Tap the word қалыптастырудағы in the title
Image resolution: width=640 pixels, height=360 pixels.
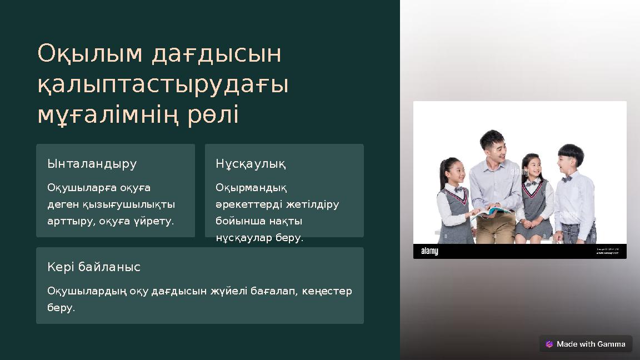point(163,85)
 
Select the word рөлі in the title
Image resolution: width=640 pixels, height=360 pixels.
point(213,115)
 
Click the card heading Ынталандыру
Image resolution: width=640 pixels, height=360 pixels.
point(92,164)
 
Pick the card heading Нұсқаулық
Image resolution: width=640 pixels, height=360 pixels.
point(251,164)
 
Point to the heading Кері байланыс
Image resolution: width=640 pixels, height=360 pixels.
point(94,267)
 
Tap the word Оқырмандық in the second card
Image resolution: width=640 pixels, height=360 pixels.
point(251,188)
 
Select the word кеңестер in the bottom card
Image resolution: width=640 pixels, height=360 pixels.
point(327,291)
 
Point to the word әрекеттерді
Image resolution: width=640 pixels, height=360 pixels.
point(249,204)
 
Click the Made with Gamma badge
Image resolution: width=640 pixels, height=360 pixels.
point(586,344)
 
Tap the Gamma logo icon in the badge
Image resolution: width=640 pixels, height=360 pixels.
point(549,344)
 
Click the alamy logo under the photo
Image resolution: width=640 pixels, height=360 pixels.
point(429,251)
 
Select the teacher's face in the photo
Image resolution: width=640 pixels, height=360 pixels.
point(493,146)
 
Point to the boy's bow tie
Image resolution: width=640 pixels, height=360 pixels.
point(567,179)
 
